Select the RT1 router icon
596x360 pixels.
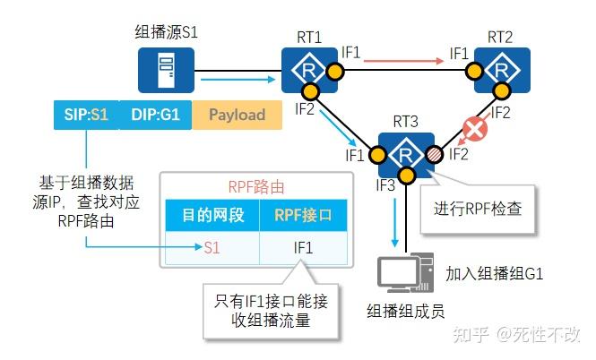click(308, 68)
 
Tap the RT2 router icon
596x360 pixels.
click(499, 68)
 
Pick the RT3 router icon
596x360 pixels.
click(406, 154)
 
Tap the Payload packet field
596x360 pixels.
click(237, 115)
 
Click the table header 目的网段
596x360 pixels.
click(210, 215)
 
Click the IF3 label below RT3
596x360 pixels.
click(385, 186)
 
